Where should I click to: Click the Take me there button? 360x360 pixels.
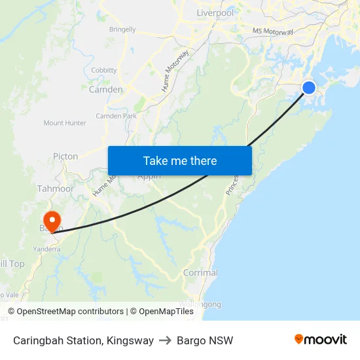coord(179,160)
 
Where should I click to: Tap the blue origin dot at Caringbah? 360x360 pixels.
coord(308,88)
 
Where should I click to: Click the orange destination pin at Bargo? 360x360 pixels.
coord(50,220)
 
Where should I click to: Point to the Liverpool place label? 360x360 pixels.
coord(215,13)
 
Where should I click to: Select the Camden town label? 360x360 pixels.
coord(105,90)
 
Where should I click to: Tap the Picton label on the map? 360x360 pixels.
coord(65,156)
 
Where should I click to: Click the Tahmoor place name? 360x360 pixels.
coord(56,189)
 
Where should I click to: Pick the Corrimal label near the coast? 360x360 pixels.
coord(200,273)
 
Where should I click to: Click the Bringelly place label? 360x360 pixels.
coord(122,29)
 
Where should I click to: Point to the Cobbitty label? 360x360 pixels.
coord(104,70)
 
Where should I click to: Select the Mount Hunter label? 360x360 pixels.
coord(65,123)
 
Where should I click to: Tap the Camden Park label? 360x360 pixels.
coord(116,116)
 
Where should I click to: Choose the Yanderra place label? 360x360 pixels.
coord(46,249)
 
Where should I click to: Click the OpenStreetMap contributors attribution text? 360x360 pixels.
coord(66,312)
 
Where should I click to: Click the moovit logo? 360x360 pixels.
coord(320,339)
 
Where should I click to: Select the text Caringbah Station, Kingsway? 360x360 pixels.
coord(83,340)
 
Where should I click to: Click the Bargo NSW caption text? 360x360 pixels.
coord(206,340)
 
